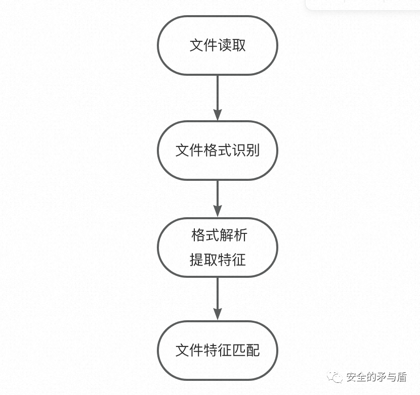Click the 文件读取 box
[x=218, y=45]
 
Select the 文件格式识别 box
[x=218, y=150]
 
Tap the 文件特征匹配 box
[x=218, y=351]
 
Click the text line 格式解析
[x=219, y=235]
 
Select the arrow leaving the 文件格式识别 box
[x=218, y=197]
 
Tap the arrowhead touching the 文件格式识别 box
[x=218, y=115]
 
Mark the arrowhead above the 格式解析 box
[x=218, y=212]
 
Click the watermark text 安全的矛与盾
[x=376, y=377]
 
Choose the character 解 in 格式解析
[x=226, y=235]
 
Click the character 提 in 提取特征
[x=197, y=260]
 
